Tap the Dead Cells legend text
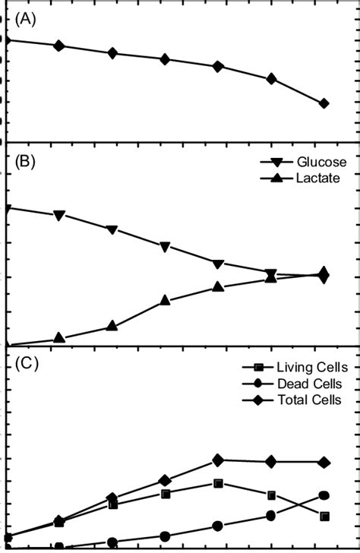pyautogui.click(x=311, y=384)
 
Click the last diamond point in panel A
pyautogui.click(x=324, y=103)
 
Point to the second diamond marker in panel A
pyautogui.click(x=59, y=46)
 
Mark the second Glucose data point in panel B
pyautogui.click(x=59, y=216)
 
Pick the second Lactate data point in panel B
pyautogui.click(x=59, y=338)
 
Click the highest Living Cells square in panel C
pyautogui.click(x=219, y=483)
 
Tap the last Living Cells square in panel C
pyautogui.click(x=324, y=516)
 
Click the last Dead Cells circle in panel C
pyautogui.click(x=324, y=495)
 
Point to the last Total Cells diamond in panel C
pyautogui.click(x=324, y=462)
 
